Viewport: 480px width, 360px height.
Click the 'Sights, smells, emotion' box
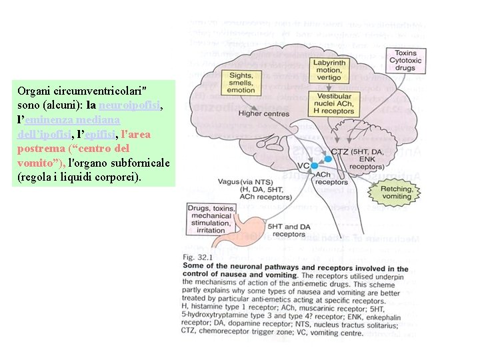point(242,83)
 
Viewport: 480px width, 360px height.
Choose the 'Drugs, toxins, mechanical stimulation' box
point(211,219)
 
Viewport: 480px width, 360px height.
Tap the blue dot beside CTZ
point(328,158)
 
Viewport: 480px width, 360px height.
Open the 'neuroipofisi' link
point(130,105)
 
